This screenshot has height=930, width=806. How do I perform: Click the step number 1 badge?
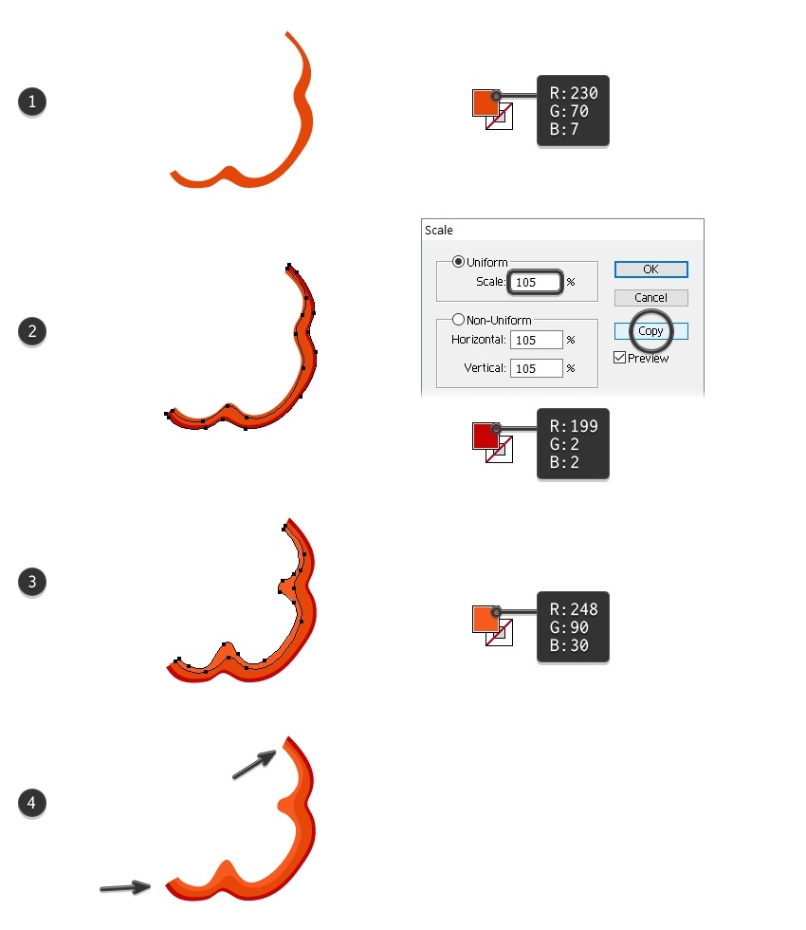click(32, 102)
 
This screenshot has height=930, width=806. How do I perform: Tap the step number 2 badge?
click(32, 331)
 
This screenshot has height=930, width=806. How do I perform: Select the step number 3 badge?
click(32, 582)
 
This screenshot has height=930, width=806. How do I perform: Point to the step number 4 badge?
click(32, 803)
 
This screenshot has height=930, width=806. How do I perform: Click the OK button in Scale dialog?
click(650, 270)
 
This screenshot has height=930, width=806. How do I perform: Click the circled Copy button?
click(650, 331)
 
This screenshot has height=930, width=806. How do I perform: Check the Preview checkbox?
click(620, 358)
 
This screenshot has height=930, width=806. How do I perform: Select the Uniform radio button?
click(458, 262)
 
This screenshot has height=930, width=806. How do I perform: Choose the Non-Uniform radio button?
click(458, 320)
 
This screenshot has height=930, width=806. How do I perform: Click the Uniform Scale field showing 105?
click(535, 283)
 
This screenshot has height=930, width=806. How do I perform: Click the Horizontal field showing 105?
click(537, 340)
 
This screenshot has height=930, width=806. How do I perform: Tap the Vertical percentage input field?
click(537, 368)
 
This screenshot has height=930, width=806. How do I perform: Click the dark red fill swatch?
click(485, 436)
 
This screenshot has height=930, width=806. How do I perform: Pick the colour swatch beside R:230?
click(485, 103)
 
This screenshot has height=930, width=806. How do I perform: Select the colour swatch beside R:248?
click(485, 619)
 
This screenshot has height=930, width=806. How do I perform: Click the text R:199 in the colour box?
click(574, 426)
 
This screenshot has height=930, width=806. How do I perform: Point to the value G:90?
click(569, 627)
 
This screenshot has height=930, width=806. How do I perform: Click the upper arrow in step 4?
click(254, 765)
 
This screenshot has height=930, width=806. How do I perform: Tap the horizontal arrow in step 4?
click(125, 887)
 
